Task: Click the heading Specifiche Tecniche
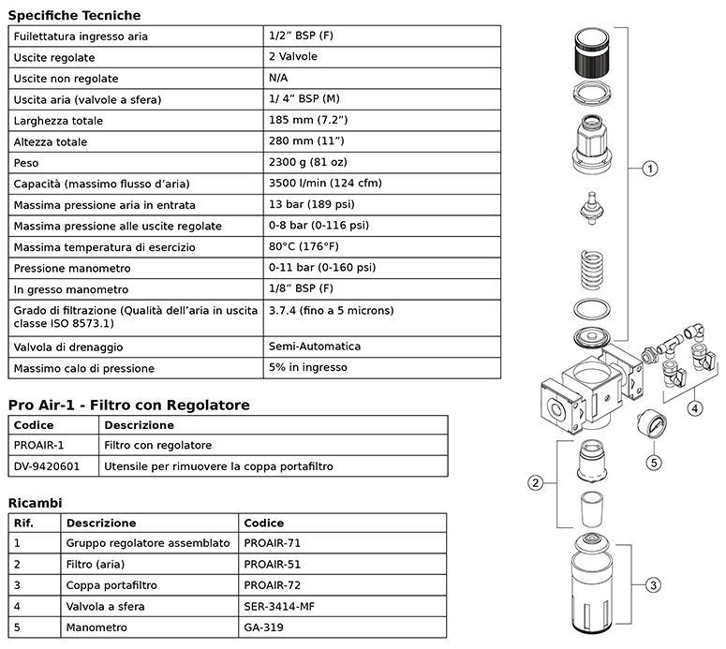[x=74, y=15]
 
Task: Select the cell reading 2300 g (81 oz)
[x=308, y=162]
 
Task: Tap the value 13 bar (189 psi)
[x=312, y=204]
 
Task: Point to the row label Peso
[x=26, y=163]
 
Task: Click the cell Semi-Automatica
[x=315, y=347]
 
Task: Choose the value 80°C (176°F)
[x=304, y=246]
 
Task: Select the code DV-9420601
[x=46, y=466]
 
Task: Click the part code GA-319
[x=263, y=627]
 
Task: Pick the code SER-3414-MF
[x=279, y=607]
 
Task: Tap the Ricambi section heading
[x=36, y=503]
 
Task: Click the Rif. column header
[x=23, y=524]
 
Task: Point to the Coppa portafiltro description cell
[x=111, y=585]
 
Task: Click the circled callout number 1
[x=650, y=169]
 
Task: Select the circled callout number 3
[x=653, y=585]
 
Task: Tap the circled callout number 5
[x=654, y=463]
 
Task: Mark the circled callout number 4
[x=694, y=408]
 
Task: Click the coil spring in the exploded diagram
[x=592, y=270]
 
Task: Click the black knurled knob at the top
[x=592, y=52]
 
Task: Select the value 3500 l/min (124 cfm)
[x=325, y=183]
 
